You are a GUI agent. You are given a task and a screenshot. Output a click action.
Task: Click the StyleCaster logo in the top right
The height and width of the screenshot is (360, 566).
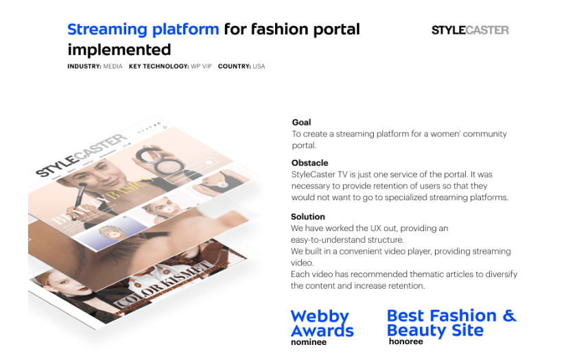coord(470,30)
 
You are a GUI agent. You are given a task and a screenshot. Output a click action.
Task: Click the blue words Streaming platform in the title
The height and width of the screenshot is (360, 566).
coord(143,29)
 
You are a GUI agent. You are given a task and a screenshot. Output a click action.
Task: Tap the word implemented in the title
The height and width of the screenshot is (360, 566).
coord(119,50)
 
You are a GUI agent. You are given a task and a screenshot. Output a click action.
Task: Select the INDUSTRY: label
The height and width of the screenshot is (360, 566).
coord(84,67)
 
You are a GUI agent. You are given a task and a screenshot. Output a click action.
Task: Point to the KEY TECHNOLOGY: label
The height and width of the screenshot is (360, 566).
coord(158,67)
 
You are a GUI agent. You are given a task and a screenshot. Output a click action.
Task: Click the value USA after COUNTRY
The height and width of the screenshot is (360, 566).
coord(259,67)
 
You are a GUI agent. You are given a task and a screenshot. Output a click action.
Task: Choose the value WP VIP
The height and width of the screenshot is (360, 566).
coord(201,67)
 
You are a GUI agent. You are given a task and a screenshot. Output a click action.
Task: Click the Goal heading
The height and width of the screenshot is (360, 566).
coord(301,123)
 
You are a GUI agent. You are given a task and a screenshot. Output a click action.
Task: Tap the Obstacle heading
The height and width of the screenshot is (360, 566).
coord(309,163)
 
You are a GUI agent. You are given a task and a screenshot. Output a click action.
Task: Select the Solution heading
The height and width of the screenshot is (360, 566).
coord(307,217)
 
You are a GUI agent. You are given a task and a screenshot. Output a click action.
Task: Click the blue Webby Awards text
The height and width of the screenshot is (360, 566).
coord(322,324)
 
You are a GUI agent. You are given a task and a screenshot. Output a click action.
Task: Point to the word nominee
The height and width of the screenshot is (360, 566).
coord(309,342)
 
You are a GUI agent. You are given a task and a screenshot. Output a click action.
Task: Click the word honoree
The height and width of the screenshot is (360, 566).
coord(405,341)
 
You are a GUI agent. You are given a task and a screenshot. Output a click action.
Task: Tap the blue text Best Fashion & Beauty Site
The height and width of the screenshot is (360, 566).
coord(451,323)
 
